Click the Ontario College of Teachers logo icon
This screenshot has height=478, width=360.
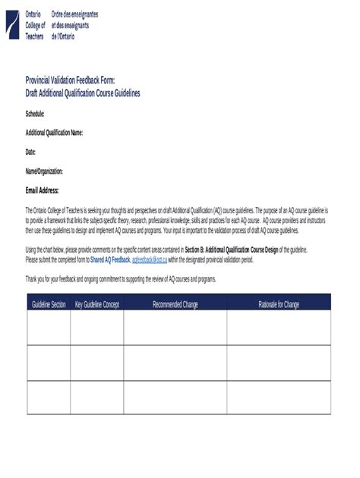(14, 24)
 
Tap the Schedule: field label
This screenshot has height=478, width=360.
(35, 113)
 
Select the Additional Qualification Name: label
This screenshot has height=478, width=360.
(54, 133)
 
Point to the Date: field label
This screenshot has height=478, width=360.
(30, 152)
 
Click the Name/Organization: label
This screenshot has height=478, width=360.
(44, 171)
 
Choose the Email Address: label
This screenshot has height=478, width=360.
(43, 190)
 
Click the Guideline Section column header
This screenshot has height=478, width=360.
(49, 303)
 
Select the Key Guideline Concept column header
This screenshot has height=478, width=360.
(97, 303)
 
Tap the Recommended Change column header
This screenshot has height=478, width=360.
(175, 303)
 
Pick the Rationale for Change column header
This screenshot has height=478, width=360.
(279, 303)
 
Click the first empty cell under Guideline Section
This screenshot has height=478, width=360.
(49, 328)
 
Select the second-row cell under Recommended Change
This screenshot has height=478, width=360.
(175, 363)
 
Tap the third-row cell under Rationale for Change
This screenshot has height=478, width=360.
(279, 397)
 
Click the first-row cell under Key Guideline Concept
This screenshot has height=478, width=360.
(97, 328)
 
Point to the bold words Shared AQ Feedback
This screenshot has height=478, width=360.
(110, 259)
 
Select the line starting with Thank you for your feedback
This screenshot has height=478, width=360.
(121, 279)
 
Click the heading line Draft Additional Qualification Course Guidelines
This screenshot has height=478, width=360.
(83, 93)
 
